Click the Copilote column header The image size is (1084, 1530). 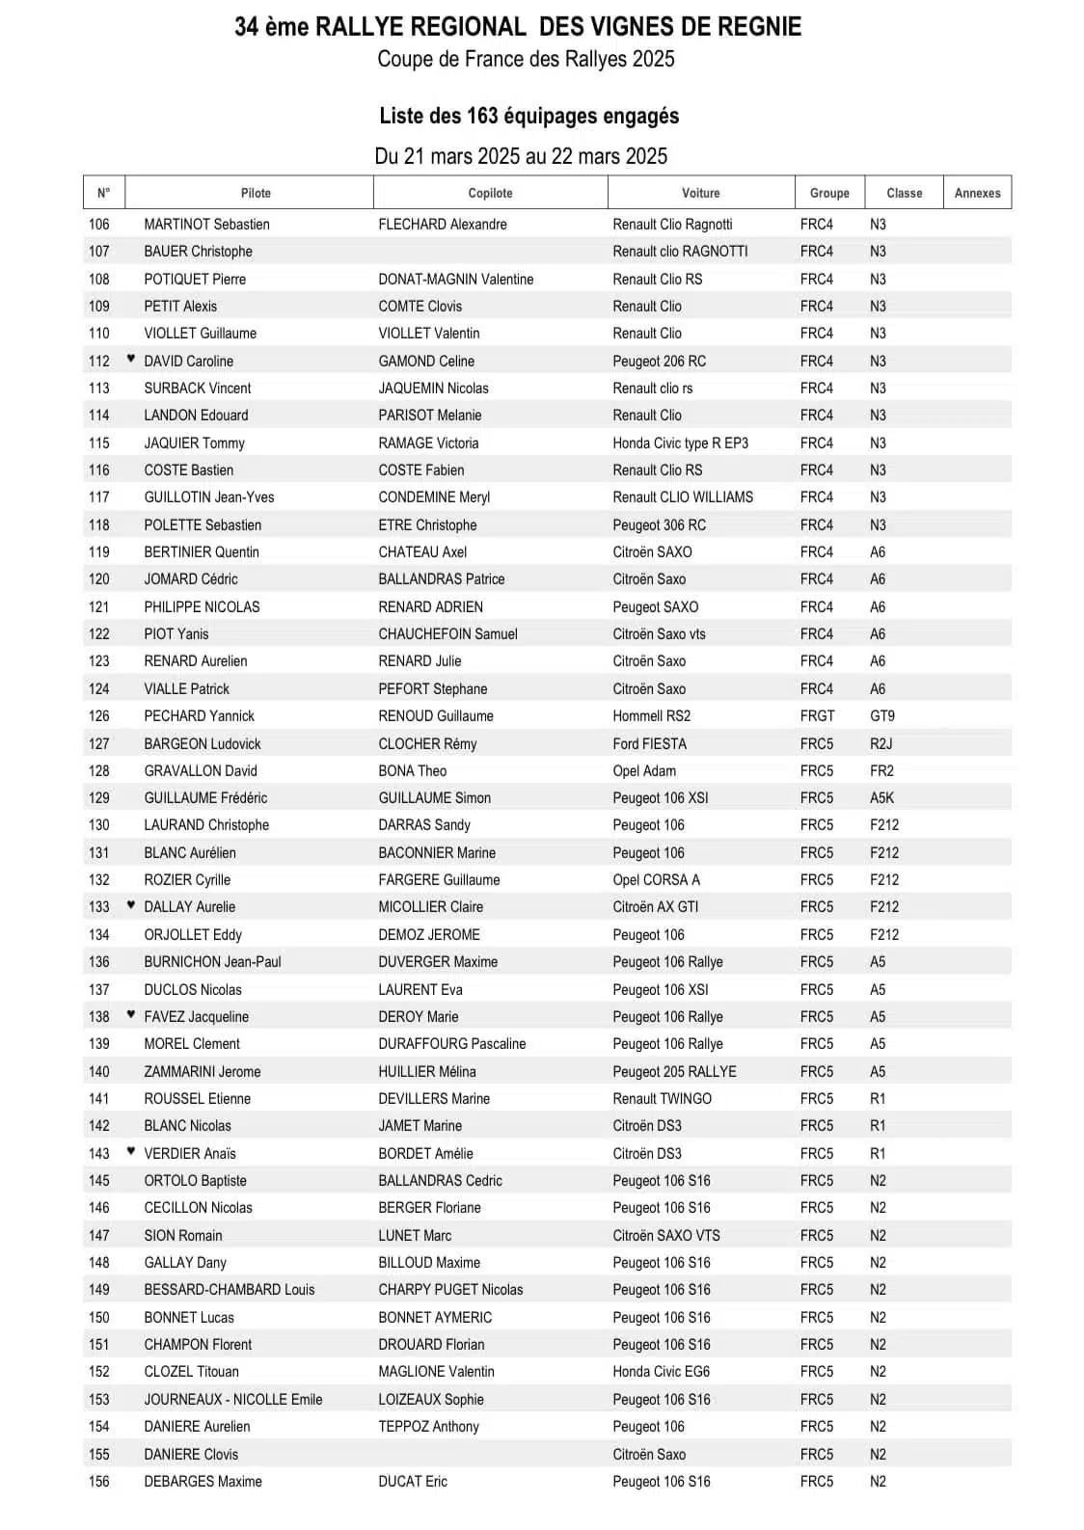click(490, 193)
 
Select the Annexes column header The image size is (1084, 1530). click(977, 193)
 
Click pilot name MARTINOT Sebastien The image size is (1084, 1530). click(206, 225)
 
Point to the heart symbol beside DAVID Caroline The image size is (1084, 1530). click(131, 359)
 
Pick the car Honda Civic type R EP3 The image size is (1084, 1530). click(680, 443)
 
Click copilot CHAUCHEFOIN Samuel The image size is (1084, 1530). click(447, 634)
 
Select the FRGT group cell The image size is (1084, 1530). click(817, 716)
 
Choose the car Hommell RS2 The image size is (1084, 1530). click(651, 716)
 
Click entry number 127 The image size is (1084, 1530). click(99, 744)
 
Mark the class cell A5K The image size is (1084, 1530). click(881, 798)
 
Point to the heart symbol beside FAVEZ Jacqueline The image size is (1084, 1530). click(131, 1014)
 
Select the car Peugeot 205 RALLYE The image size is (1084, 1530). click(674, 1072)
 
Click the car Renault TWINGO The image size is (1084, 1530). click(662, 1099)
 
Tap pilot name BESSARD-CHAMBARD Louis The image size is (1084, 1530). click(229, 1290)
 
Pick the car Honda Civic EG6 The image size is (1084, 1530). click(661, 1372)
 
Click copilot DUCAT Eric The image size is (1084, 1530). click(413, 1482)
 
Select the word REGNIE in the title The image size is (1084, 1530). click(757, 27)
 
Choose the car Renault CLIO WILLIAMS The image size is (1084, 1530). click(683, 497)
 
